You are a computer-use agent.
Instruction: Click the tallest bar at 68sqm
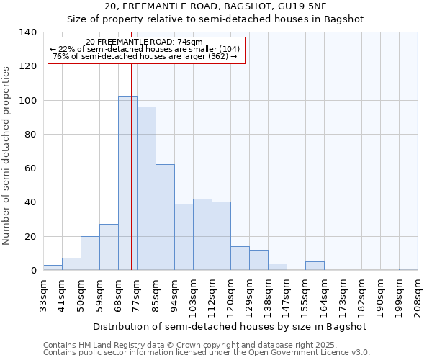pos(127,184)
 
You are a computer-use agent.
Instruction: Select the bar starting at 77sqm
pos(146,189)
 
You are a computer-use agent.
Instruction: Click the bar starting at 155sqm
pos(315,266)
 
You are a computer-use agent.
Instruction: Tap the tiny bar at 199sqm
pos(408,269)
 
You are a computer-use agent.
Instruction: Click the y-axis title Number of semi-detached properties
pos(7,155)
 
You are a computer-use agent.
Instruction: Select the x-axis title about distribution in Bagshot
pos(230,326)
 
